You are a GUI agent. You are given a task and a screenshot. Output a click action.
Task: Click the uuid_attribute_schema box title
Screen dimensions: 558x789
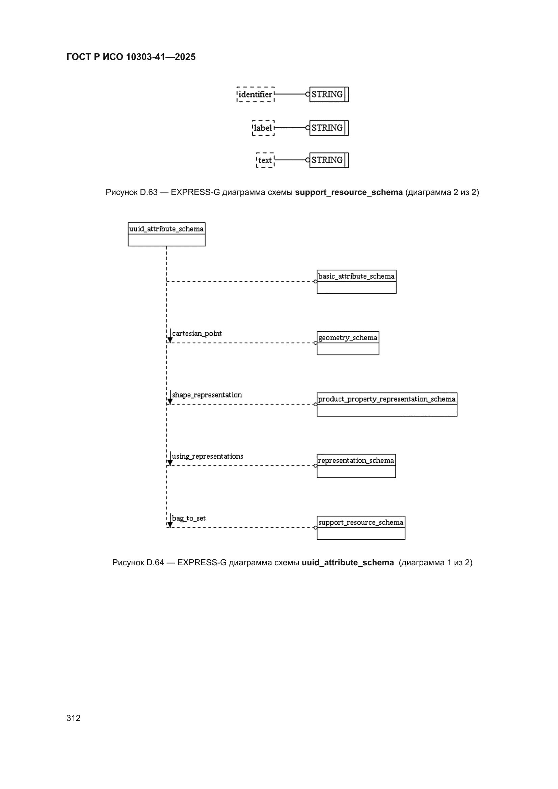point(166,229)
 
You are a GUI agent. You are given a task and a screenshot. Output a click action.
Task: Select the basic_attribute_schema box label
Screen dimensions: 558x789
point(356,276)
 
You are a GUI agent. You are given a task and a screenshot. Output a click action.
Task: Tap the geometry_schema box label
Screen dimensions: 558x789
point(348,338)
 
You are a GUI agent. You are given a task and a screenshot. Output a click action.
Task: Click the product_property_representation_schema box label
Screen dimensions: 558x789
point(387,399)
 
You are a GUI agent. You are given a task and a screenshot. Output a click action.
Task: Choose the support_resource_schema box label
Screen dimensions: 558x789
point(361,522)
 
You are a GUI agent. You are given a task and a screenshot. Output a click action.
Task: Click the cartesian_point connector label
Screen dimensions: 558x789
point(197,334)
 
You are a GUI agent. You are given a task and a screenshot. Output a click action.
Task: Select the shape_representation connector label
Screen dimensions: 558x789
point(207,395)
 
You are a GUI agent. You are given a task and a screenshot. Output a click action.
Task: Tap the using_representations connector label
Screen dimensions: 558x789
point(208,457)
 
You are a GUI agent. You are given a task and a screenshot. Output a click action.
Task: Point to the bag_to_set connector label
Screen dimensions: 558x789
point(189,518)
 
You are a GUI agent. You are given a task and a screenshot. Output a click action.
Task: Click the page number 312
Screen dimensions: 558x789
point(74,718)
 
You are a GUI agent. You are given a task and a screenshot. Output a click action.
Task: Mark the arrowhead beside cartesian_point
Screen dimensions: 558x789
point(170,340)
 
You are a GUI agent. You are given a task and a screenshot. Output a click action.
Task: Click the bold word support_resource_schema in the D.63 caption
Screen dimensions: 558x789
point(349,192)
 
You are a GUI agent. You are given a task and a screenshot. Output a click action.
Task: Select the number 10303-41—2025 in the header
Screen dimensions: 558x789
point(161,57)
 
